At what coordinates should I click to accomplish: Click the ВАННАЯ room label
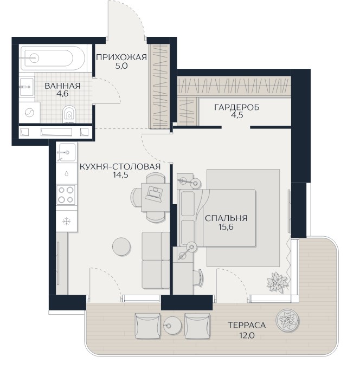[x=62, y=86]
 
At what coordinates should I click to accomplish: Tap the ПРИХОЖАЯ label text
[x=121, y=57]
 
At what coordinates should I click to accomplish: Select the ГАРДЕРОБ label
[x=237, y=107]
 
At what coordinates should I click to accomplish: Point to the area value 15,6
[x=226, y=227]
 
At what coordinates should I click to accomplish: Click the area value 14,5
[x=120, y=175]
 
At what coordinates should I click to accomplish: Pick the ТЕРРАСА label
[x=247, y=325]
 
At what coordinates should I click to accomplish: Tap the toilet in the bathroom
[x=69, y=114]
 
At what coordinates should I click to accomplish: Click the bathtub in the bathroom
[x=53, y=59]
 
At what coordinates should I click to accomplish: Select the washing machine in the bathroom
[x=30, y=113]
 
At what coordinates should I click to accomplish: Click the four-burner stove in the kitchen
[x=66, y=194]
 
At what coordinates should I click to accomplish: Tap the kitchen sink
[x=66, y=152]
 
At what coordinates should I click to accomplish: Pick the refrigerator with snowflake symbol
[x=67, y=222]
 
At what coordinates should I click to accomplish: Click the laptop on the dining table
[x=153, y=193]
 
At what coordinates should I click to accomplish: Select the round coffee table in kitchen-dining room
[x=121, y=246]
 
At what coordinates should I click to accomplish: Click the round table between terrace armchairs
[x=172, y=325]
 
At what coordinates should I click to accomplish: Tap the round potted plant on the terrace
[x=287, y=320]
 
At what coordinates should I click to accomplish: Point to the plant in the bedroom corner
[x=277, y=282]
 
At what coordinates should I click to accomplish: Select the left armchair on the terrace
[x=148, y=326]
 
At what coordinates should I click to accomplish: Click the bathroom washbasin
[x=27, y=87]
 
